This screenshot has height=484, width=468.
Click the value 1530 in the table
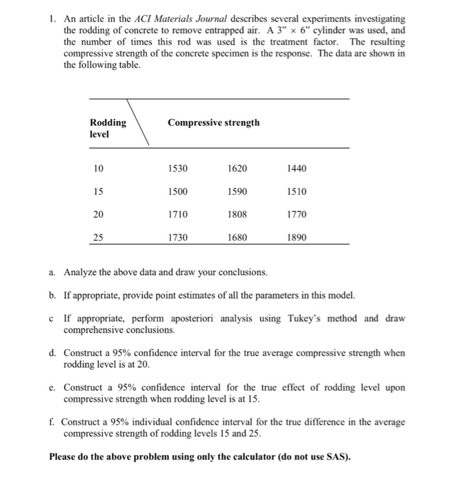click(178, 168)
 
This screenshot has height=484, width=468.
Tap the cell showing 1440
click(296, 168)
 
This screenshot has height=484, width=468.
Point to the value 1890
click(296, 239)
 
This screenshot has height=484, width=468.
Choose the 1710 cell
click(178, 215)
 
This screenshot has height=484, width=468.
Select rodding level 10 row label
click(99, 168)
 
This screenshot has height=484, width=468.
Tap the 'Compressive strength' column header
click(213, 123)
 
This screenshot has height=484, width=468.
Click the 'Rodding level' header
click(108, 128)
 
